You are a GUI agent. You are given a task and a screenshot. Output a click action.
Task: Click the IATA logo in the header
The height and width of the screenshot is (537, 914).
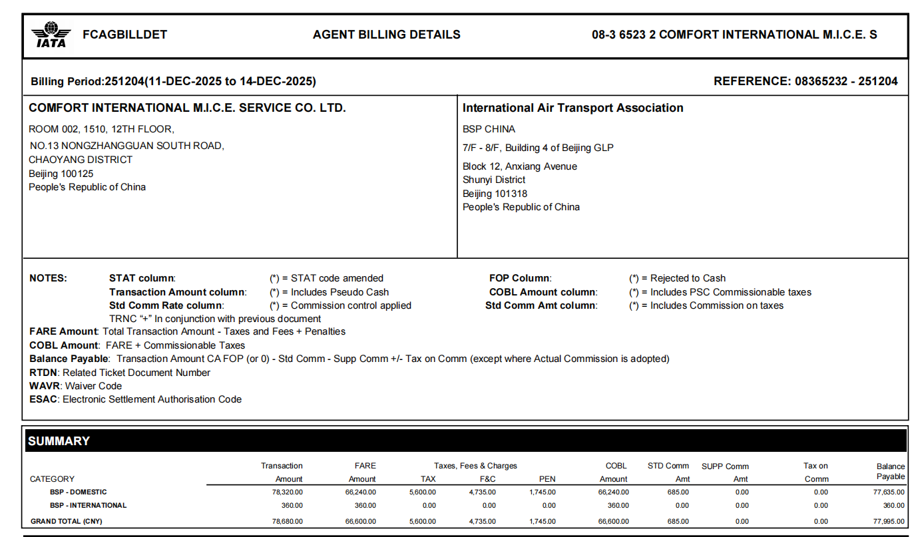[51, 35]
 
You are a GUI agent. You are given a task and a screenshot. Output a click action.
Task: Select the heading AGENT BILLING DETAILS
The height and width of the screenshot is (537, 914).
[386, 35]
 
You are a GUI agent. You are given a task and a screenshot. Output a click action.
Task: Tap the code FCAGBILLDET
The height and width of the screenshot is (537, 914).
[124, 35]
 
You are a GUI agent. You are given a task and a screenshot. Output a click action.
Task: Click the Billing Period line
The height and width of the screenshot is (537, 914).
[173, 82]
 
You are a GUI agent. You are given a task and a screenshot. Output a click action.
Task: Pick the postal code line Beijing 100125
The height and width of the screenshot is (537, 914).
[61, 174]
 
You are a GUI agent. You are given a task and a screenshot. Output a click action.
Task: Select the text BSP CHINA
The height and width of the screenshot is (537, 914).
[489, 129]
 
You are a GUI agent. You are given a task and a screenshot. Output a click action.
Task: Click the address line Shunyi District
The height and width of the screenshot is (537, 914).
[494, 180]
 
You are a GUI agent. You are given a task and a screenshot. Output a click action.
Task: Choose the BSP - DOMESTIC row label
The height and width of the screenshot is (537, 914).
[78, 492]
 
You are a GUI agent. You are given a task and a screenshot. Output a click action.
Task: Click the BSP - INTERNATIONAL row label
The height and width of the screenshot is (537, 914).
[88, 505]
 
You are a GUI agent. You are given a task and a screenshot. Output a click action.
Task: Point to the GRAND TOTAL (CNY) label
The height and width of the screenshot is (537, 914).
[67, 521]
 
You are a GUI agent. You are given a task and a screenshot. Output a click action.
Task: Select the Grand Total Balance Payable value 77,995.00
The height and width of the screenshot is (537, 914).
[887, 521]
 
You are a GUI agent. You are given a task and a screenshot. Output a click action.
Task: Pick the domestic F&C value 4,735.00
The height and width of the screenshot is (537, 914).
[482, 492]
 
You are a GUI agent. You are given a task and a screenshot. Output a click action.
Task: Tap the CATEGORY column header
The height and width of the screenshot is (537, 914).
[52, 479]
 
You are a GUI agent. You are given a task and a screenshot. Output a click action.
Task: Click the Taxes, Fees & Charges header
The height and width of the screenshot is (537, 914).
[475, 466]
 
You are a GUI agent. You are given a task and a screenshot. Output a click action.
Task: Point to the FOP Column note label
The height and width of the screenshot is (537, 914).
[520, 278]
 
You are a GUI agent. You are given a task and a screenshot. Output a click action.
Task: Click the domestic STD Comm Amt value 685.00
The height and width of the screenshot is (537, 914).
[677, 492]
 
